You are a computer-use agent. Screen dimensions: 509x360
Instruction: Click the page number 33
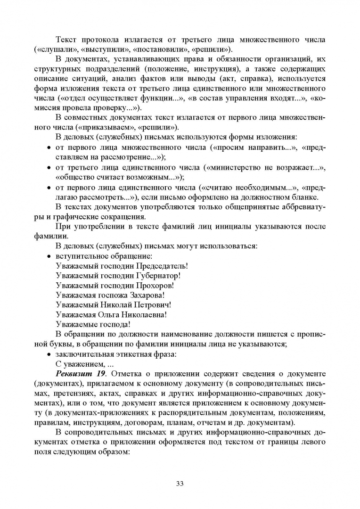tap(180, 483)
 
